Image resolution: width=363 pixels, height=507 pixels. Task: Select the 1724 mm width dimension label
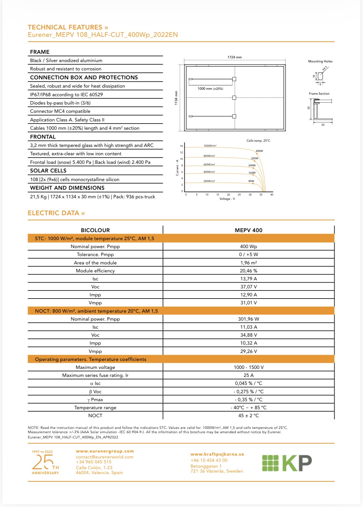(235, 57)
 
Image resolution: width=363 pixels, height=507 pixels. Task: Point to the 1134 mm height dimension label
(176, 98)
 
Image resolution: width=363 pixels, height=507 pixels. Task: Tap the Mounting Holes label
(320, 61)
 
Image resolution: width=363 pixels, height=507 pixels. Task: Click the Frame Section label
(319, 94)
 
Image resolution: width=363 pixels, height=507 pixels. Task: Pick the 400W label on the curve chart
(259, 151)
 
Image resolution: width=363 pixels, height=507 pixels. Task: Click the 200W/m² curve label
(209, 181)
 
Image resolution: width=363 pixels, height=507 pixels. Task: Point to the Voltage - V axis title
(227, 199)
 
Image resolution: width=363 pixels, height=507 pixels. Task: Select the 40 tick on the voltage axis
(272, 195)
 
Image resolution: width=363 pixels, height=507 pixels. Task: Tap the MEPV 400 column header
(248, 230)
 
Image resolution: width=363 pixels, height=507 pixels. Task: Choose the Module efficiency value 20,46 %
(248, 271)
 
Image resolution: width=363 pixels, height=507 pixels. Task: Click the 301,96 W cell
(248, 319)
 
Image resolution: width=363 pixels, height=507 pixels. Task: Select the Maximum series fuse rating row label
(95, 375)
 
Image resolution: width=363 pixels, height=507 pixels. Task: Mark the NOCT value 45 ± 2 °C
(248, 416)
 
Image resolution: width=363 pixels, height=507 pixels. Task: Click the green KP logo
(287, 463)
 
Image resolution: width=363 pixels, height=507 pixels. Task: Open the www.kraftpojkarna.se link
(217, 454)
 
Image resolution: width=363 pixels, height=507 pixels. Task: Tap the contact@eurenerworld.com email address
(105, 457)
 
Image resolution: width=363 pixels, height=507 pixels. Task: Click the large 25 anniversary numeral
(42, 462)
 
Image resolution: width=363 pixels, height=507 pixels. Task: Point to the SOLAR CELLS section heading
(48, 171)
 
